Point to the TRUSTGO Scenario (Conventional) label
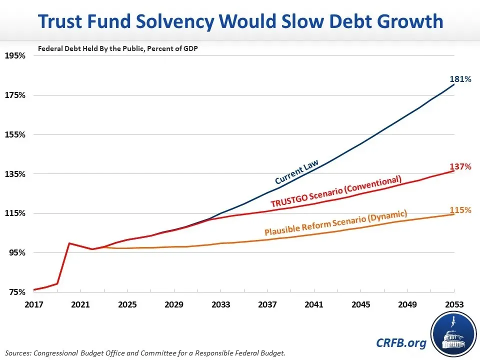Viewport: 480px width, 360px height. [x=336, y=191]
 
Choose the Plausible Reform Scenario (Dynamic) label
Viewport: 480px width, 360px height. [x=335, y=223]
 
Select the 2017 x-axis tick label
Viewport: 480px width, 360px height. [x=33, y=304]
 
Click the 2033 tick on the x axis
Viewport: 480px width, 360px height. [x=220, y=304]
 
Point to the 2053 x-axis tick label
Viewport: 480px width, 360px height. [x=454, y=304]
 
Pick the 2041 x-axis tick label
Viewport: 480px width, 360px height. [x=314, y=304]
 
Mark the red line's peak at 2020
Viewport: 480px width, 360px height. [x=69, y=243]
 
